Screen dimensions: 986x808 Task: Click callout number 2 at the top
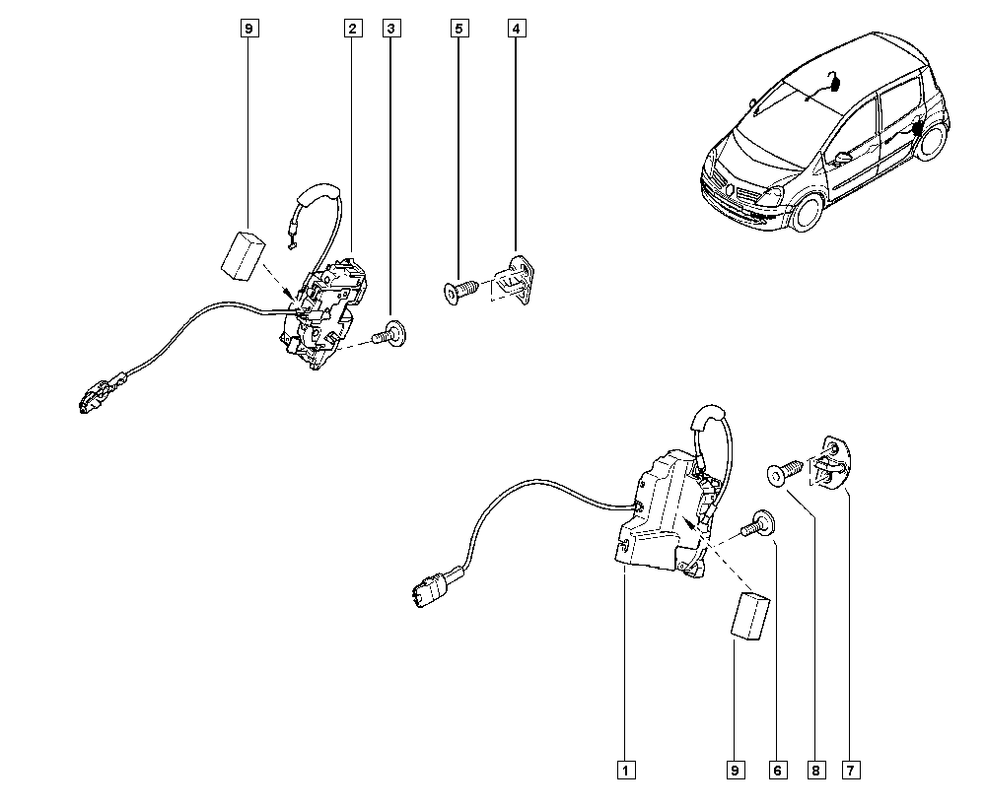(x=353, y=29)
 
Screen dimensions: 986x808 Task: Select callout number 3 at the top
(x=391, y=29)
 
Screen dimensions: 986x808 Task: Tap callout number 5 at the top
(x=459, y=29)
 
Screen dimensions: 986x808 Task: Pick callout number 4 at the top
(x=517, y=29)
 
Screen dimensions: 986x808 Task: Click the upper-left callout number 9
(x=249, y=29)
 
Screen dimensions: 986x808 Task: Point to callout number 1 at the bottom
(x=626, y=770)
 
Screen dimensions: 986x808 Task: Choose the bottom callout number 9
(x=735, y=770)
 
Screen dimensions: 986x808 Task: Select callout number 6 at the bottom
(x=777, y=770)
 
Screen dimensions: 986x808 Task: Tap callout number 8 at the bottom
(x=816, y=770)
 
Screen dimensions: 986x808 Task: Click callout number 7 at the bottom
(x=851, y=770)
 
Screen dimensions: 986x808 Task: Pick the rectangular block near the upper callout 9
(x=243, y=255)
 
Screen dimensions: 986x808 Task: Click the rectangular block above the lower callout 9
(x=750, y=617)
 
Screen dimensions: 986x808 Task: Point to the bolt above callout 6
(x=757, y=524)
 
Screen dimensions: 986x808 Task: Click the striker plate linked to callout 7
(x=832, y=463)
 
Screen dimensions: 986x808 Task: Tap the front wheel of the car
(x=807, y=211)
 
